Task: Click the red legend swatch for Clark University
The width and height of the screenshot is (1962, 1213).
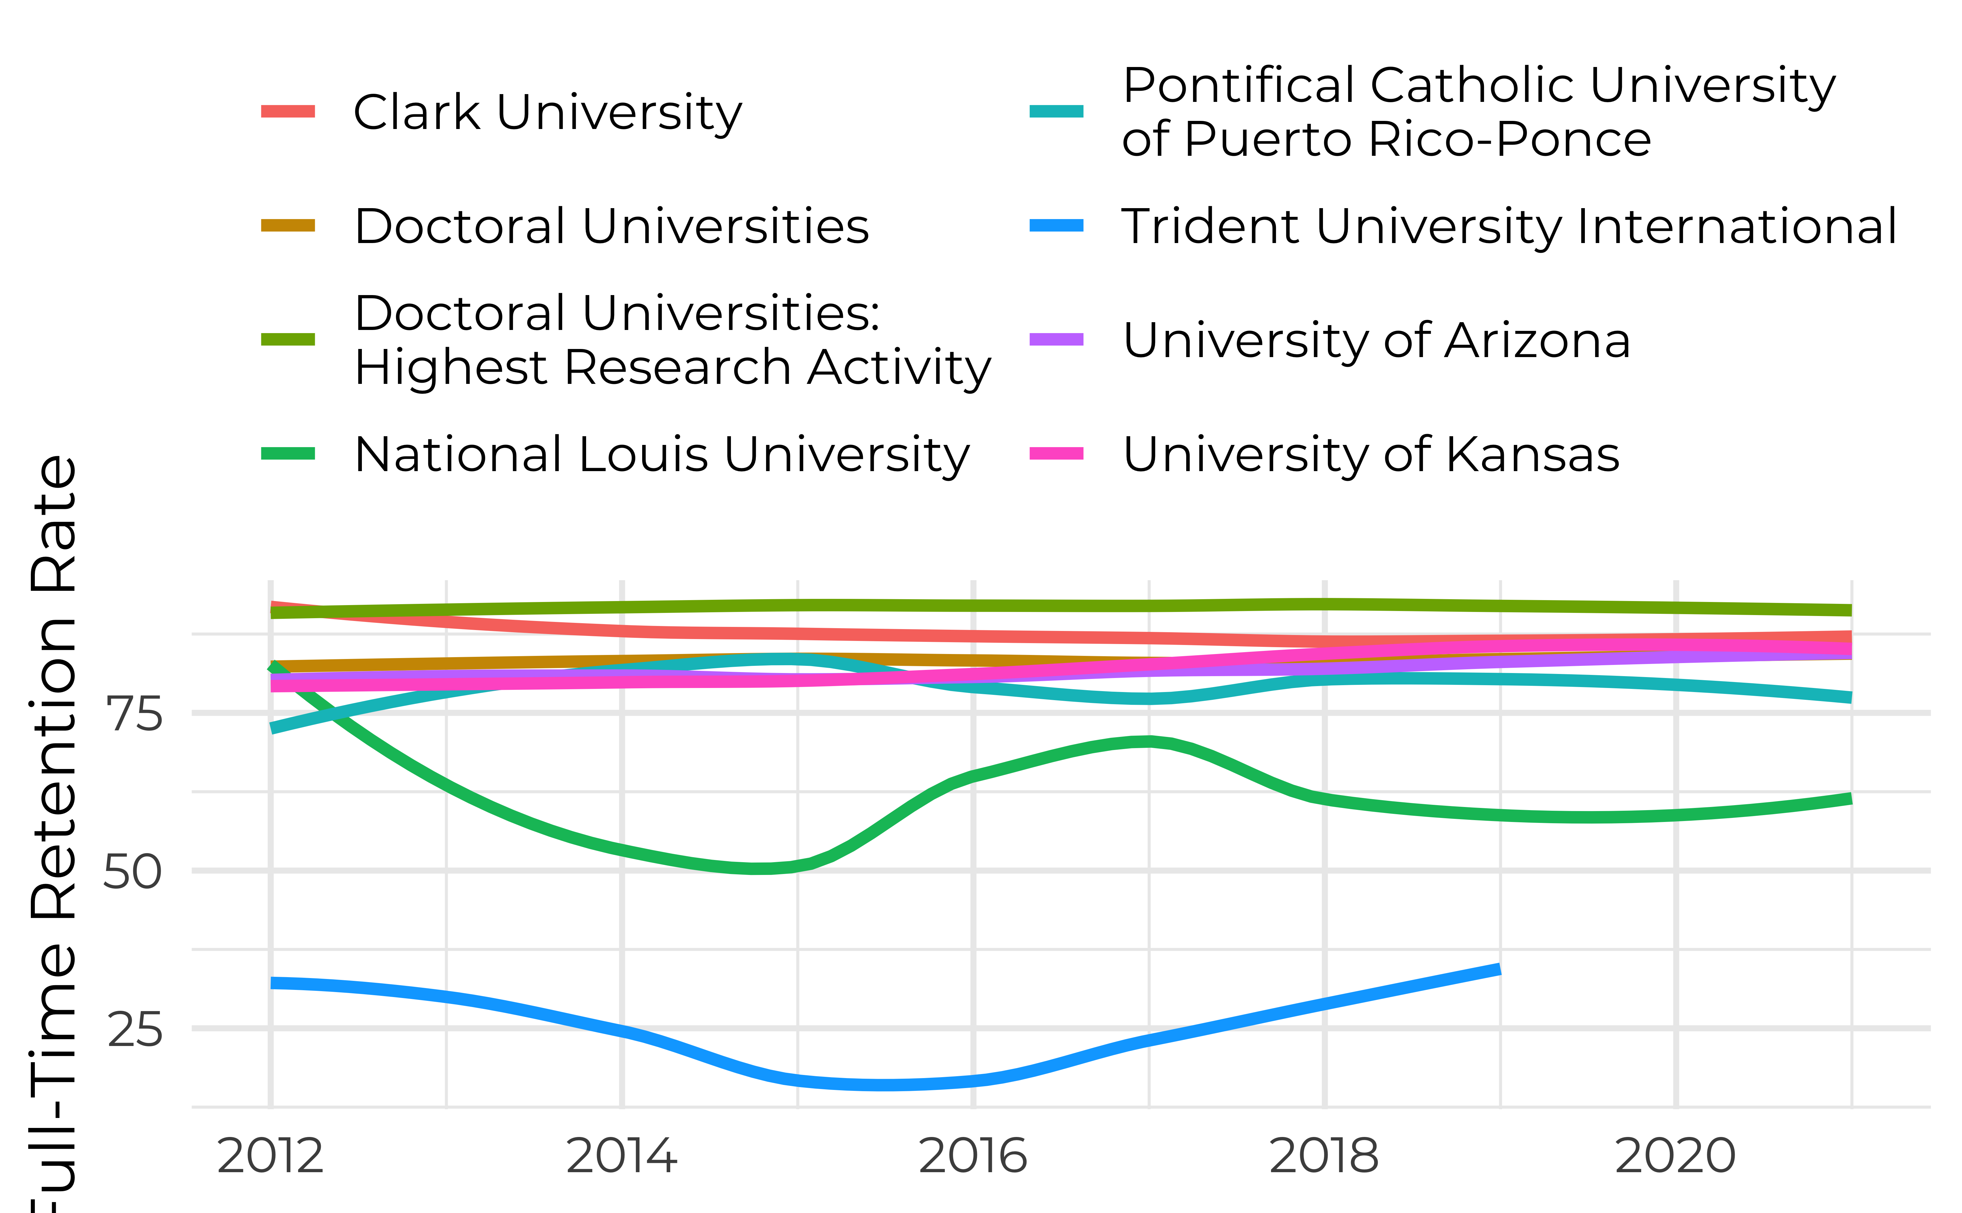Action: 288,112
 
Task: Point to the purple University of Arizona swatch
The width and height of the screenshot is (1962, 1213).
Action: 1056,339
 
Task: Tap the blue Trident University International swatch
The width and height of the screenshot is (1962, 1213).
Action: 1056,226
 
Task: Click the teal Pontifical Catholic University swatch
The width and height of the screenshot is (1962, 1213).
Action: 1056,112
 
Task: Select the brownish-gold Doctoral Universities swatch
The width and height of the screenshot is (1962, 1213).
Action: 288,226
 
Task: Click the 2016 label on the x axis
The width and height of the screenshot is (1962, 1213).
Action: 973,1156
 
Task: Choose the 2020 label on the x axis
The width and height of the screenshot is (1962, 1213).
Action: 1675,1156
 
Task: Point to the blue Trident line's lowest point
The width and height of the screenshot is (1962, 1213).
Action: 882,1085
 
